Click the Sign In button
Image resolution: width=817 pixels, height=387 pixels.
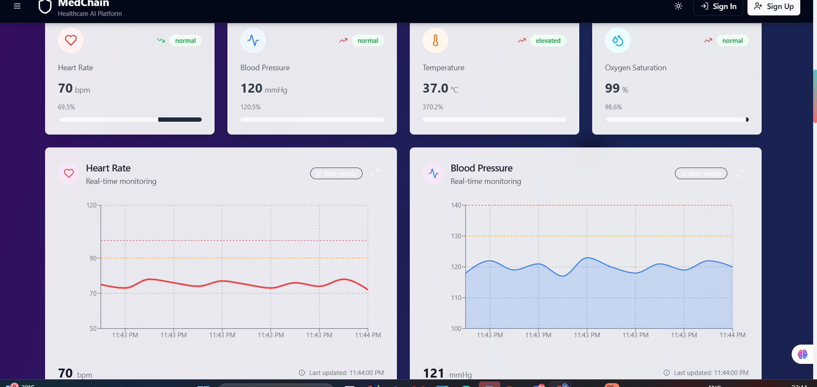click(718, 6)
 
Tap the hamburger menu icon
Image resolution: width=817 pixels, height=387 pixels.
click(17, 6)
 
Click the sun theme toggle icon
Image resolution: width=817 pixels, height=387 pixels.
click(678, 6)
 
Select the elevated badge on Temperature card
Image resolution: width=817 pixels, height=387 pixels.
click(548, 41)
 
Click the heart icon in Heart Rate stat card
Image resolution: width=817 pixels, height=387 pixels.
click(71, 40)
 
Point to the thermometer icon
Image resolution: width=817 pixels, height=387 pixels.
click(436, 40)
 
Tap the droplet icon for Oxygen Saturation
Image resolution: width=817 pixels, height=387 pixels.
click(618, 40)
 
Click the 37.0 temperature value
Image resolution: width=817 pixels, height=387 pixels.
click(435, 88)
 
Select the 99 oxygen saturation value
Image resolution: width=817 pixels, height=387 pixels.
click(612, 88)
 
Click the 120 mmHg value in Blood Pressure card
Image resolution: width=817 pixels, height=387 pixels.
click(251, 88)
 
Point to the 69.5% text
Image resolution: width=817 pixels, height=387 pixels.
click(67, 107)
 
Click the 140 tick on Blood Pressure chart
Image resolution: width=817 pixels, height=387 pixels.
click(456, 205)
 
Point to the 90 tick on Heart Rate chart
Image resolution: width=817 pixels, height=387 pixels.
click(93, 258)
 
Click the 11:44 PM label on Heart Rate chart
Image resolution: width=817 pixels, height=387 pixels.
click(368, 335)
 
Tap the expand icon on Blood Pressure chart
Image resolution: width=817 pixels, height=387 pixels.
click(740, 173)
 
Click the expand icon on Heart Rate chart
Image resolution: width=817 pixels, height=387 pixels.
click(375, 173)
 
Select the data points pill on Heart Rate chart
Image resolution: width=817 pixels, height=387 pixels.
click(336, 173)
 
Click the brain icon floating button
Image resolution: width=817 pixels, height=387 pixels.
click(802, 354)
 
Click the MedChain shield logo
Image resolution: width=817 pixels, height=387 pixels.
click(45, 6)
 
